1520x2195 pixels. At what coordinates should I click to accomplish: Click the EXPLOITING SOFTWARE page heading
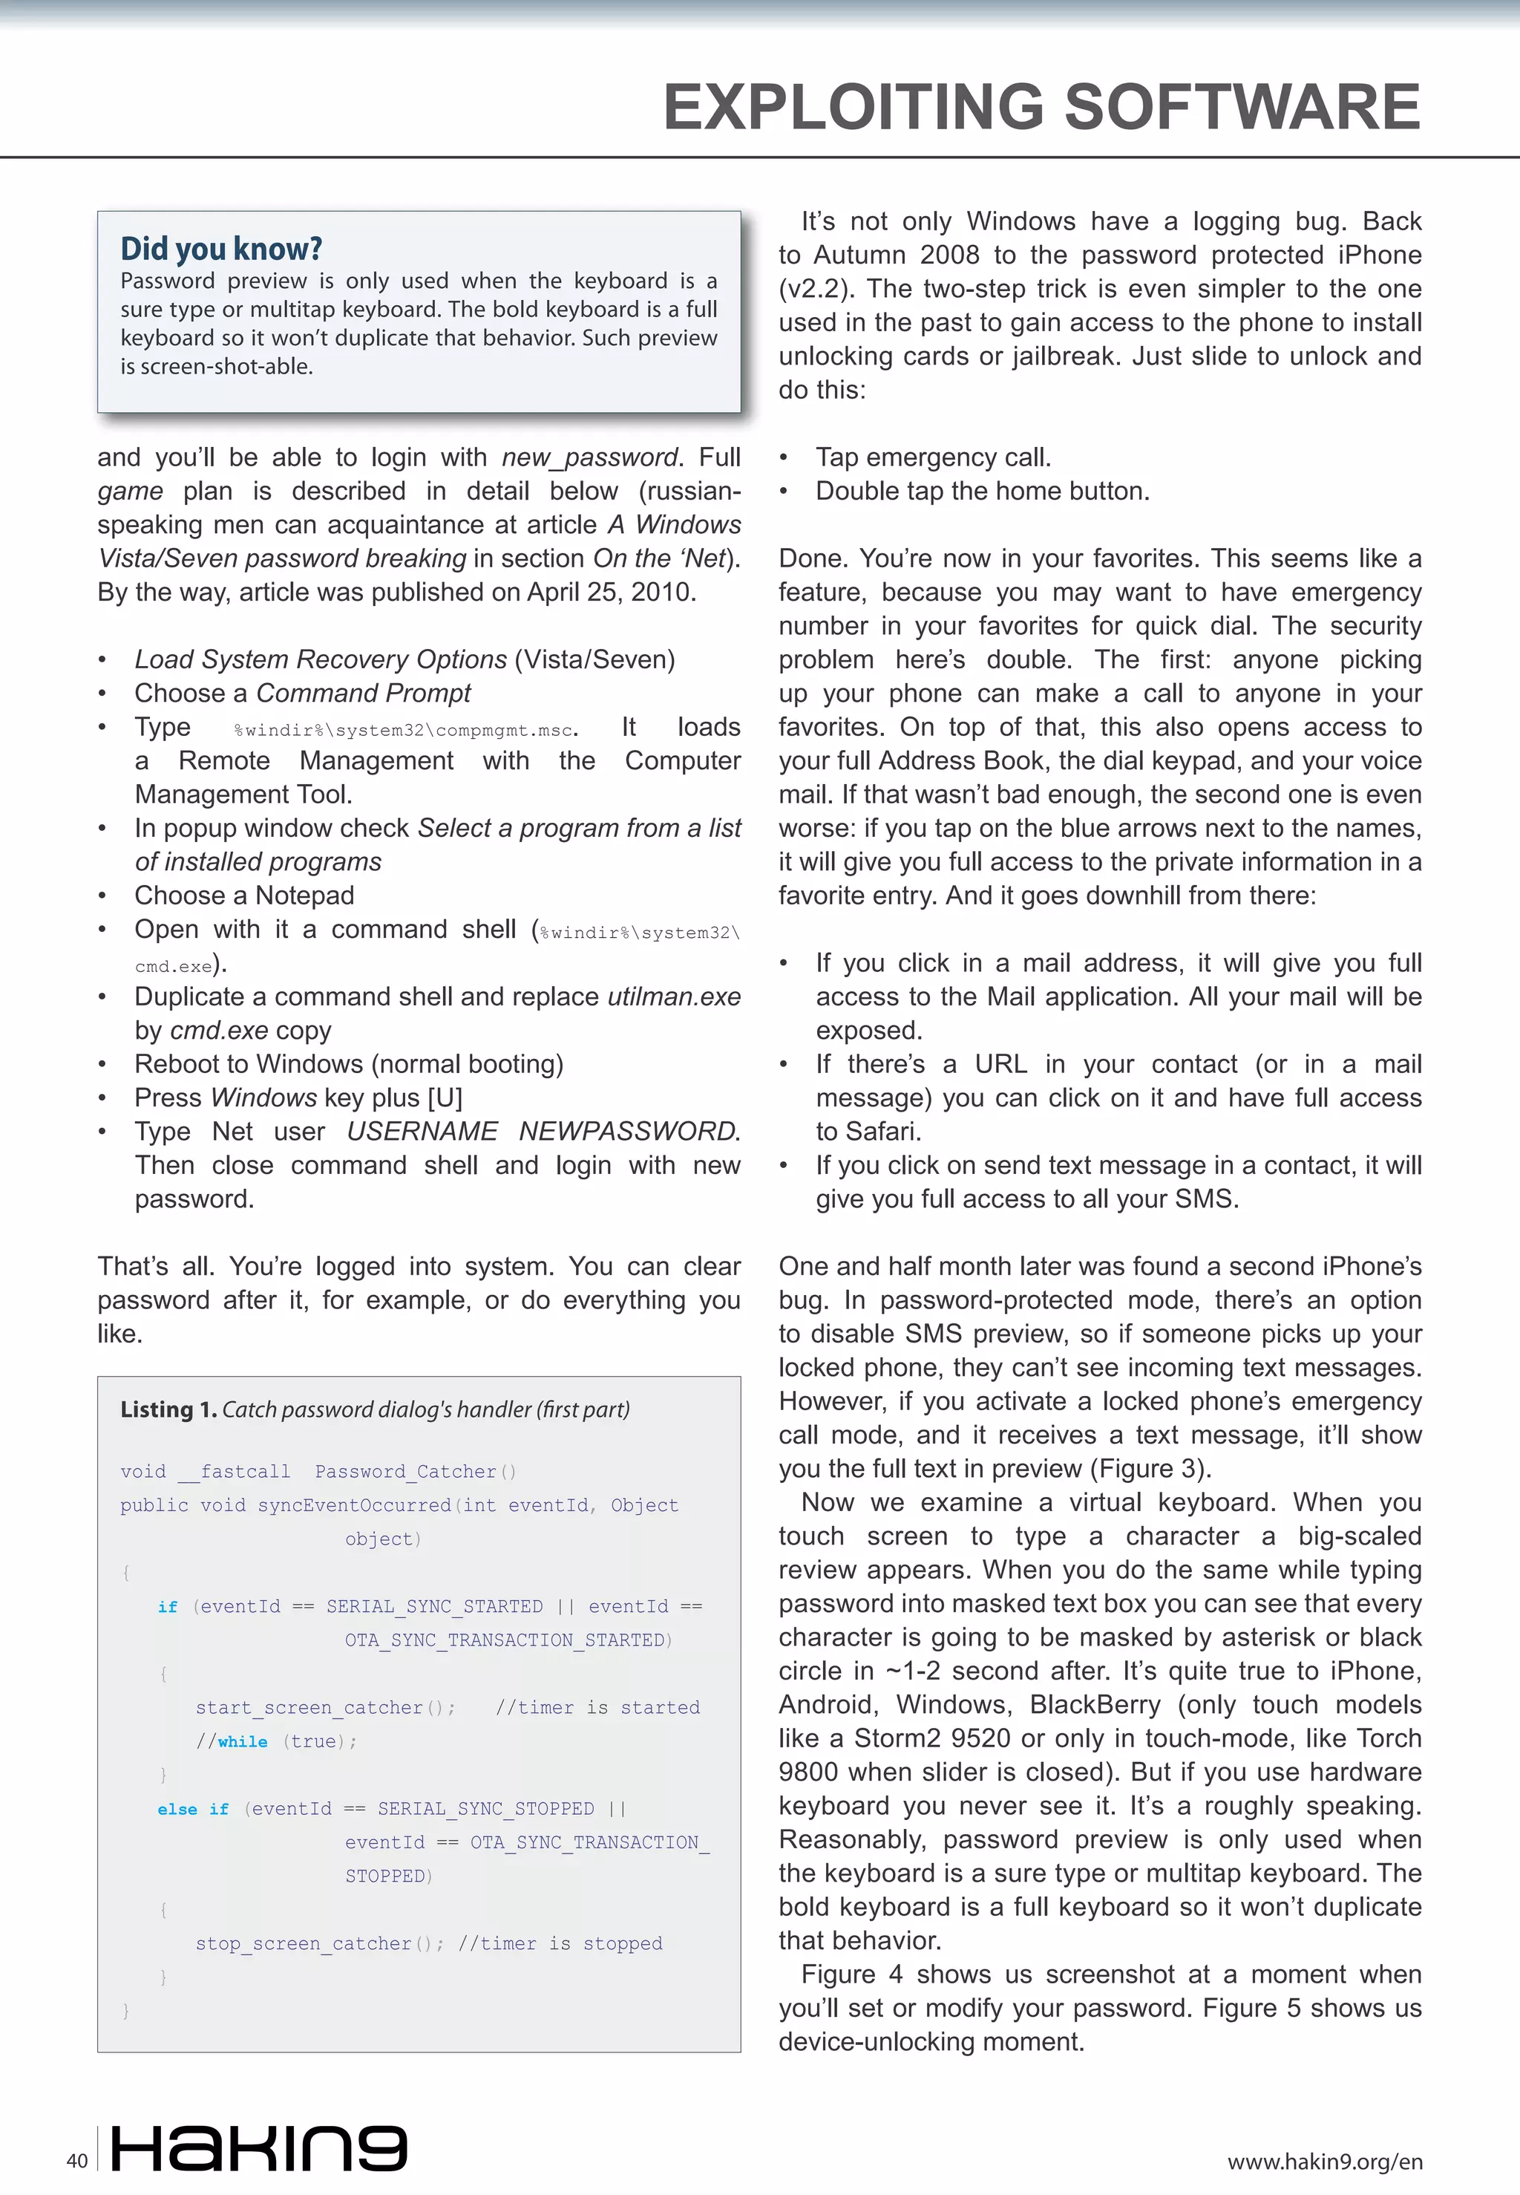click(1041, 107)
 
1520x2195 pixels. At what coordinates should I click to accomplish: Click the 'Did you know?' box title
click(221, 249)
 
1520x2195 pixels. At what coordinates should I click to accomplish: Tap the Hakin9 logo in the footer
click(259, 2147)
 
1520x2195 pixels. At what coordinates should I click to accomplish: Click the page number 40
click(77, 2160)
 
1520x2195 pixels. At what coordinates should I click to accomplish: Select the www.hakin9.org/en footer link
click(1325, 2161)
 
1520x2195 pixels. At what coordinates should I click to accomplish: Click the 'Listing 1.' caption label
click(168, 1409)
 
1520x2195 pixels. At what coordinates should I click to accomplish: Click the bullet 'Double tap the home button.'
click(982, 491)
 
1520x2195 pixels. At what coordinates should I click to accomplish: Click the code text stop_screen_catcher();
click(320, 1943)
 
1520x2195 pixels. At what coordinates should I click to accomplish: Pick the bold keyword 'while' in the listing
click(243, 1741)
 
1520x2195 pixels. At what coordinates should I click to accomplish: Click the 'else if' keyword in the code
click(193, 1808)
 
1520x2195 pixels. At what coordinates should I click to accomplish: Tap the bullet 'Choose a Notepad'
click(244, 896)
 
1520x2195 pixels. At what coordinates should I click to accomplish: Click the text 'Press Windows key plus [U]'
click(298, 1097)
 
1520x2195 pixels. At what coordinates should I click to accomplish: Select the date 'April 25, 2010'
click(609, 592)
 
